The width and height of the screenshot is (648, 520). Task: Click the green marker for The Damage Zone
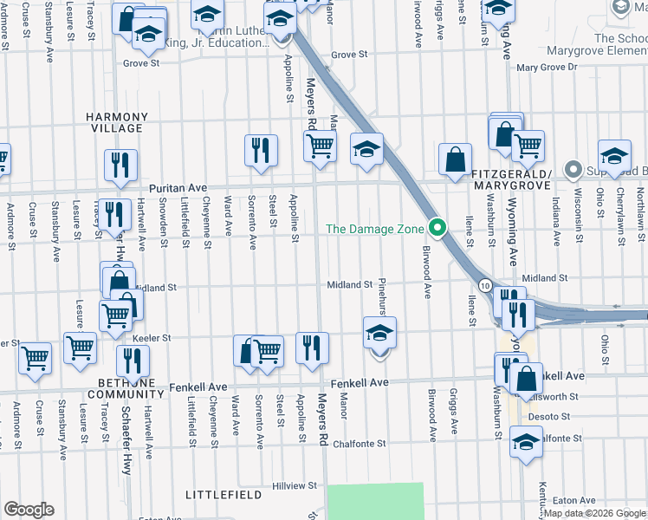click(x=437, y=229)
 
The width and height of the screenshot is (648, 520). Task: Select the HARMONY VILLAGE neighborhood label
click(x=113, y=122)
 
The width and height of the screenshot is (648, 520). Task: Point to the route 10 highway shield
click(x=486, y=286)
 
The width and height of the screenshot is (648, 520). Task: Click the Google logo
click(x=29, y=510)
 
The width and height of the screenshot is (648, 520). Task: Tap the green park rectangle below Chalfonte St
click(x=375, y=501)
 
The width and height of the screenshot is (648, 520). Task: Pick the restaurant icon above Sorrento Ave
click(x=260, y=150)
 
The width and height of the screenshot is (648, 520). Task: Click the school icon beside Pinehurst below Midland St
click(x=379, y=333)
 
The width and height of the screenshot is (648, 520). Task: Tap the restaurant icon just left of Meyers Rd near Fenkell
click(x=312, y=348)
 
